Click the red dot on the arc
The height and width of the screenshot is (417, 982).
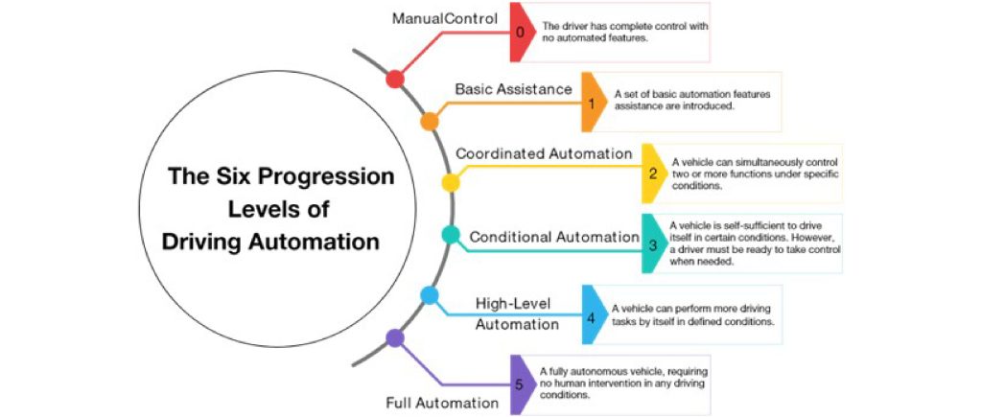click(x=394, y=80)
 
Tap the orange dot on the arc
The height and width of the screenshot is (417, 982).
click(x=430, y=122)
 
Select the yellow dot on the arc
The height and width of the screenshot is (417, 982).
click(x=450, y=181)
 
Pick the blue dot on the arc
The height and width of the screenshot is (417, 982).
click(x=430, y=296)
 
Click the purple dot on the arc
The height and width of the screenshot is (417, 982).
click(x=394, y=337)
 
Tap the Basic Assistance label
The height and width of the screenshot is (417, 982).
click(x=513, y=89)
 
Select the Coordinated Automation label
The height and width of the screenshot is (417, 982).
click(x=544, y=153)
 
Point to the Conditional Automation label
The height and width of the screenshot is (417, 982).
click(x=553, y=237)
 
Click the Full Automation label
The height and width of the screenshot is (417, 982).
click(x=442, y=402)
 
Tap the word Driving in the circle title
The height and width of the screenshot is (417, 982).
click(x=205, y=242)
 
